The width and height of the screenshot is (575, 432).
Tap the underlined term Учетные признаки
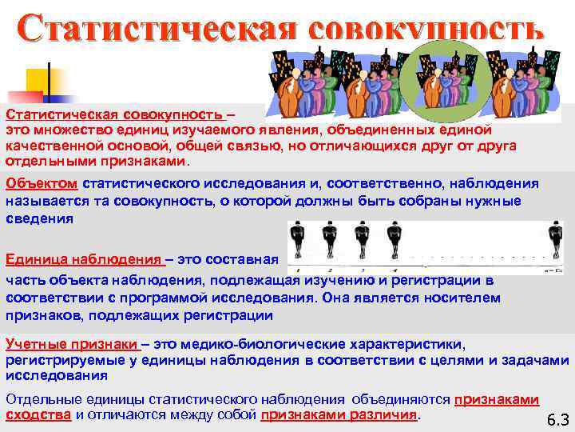(72, 344)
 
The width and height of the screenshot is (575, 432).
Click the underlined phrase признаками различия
(339, 415)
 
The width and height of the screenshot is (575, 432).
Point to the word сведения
(39, 218)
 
